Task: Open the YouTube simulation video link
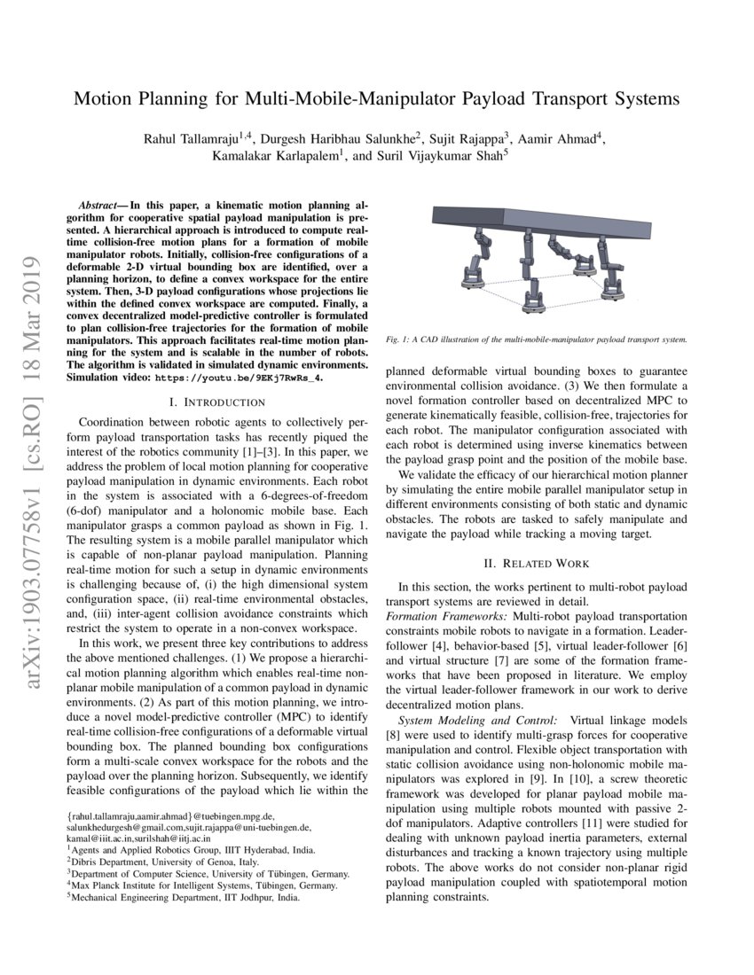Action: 255,377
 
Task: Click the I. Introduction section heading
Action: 217,402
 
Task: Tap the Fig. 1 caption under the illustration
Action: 537,339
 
